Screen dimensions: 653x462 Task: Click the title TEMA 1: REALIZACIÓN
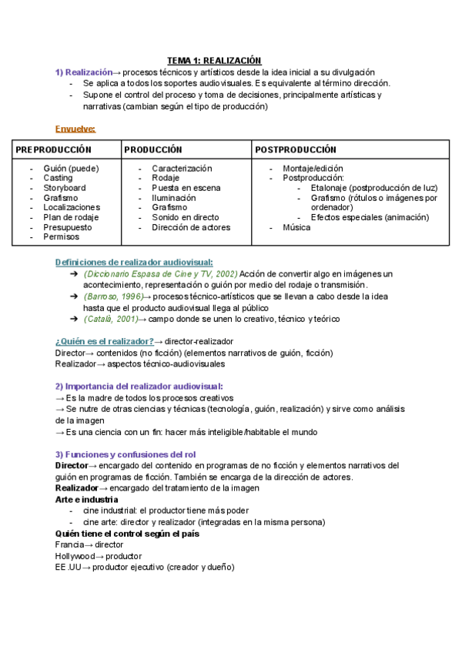(x=215, y=61)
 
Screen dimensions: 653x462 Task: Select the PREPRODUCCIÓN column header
(x=53, y=149)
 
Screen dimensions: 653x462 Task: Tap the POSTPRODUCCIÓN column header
(x=296, y=149)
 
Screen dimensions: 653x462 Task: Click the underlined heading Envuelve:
(x=75, y=128)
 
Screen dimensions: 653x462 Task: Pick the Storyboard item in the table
(x=65, y=188)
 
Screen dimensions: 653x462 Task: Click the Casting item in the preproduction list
(x=59, y=178)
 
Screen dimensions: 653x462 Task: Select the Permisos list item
(x=61, y=237)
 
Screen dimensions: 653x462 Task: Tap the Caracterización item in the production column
(x=182, y=168)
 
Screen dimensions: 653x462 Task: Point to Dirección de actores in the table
(x=191, y=227)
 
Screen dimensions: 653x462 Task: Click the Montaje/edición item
(x=313, y=168)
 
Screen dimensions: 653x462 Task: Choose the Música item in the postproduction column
(x=296, y=228)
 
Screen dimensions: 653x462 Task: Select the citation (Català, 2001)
(x=110, y=318)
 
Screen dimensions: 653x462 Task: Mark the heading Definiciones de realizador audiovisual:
(x=134, y=263)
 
